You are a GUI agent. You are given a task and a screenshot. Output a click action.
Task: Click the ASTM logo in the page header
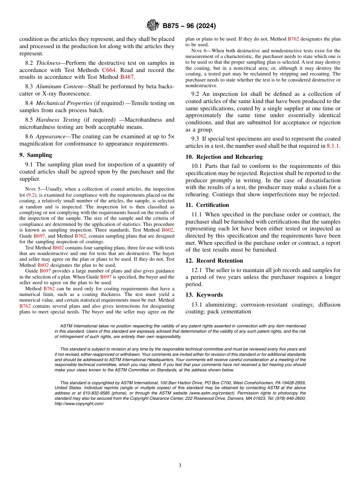[153, 26]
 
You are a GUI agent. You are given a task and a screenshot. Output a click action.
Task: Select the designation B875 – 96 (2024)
[189, 26]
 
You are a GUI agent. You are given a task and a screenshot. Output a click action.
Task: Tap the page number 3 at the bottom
[180, 465]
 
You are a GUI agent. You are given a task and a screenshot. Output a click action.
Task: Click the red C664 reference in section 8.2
[109, 70]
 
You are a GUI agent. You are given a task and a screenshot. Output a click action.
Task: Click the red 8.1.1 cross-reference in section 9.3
[333, 146]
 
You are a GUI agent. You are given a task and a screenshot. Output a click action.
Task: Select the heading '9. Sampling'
[36, 155]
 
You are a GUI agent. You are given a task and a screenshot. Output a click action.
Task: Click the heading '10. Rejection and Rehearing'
[224, 157]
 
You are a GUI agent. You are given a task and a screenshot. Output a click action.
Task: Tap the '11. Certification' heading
[207, 205]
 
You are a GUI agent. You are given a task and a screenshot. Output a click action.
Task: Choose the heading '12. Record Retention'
[214, 261]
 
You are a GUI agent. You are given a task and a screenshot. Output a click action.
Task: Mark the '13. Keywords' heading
[204, 295]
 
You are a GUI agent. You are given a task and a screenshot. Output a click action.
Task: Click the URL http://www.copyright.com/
[79, 404]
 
